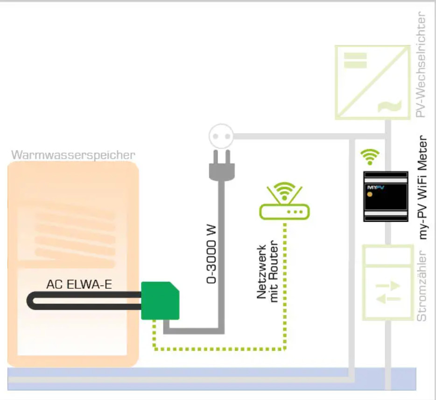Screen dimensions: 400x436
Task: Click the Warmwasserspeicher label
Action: [73, 154]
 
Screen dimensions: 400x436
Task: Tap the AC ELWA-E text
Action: [79, 284]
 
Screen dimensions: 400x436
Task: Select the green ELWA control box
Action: [160, 301]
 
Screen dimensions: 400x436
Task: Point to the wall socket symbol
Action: [220, 136]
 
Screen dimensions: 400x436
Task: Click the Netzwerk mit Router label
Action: [268, 273]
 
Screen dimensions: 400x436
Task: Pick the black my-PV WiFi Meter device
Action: [385, 196]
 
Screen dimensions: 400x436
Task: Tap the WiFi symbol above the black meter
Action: [370, 157]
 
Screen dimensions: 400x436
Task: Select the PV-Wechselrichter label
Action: [422, 65]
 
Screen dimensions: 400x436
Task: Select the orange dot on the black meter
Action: [370, 193]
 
